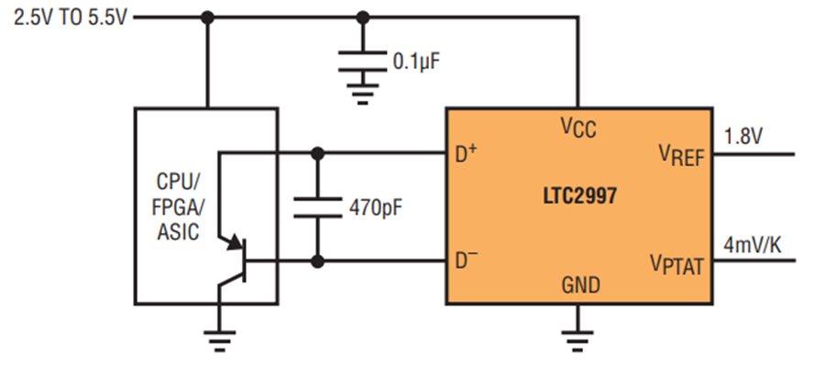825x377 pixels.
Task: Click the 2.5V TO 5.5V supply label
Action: (70, 19)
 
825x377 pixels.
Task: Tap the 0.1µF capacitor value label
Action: (415, 62)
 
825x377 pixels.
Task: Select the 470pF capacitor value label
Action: (376, 209)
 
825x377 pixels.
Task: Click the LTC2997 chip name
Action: (579, 196)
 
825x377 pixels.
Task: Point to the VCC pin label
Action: (578, 127)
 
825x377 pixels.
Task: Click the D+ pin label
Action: (467, 154)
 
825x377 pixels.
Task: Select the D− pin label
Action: (467, 261)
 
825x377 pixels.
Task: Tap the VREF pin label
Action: (681, 155)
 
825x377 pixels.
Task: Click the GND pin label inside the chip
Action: (581, 285)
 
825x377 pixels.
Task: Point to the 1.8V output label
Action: (742, 138)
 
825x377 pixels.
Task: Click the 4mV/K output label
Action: (753, 245)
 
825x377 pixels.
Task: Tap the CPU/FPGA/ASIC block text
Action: (179, 207)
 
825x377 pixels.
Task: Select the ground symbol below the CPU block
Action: (219, 339)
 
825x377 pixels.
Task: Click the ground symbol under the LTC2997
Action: (577, 339)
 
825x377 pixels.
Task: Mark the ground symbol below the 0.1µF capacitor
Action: (362, 94)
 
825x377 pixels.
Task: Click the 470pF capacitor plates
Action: (317, 207)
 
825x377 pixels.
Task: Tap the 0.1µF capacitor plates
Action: (362, 61)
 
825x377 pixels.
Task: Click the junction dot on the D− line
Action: (317, 261)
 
